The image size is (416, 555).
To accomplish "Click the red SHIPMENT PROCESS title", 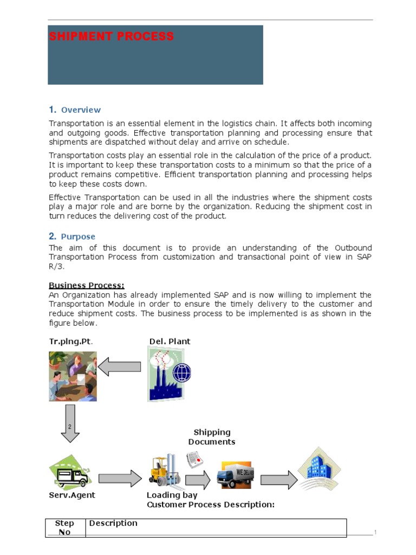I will point(112,37).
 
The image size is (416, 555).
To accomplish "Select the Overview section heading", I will point(80,109).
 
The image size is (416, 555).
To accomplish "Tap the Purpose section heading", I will point(77,236).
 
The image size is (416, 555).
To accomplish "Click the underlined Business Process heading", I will point(87,286).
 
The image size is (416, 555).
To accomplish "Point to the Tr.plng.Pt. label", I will point(74,341).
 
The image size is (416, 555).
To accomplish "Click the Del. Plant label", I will point(170,341).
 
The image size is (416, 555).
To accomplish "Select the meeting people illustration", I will point(73,376).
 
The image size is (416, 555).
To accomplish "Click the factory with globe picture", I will point(169,374).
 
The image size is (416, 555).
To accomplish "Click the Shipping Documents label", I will point(212,437).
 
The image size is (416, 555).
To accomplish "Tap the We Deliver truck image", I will point(235,475).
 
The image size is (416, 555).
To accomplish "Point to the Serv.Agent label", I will point(71,495).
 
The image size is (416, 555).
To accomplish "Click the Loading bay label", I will point(172,495).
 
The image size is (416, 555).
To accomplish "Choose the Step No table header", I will point(64,527).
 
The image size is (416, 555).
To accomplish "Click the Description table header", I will point(113,523).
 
